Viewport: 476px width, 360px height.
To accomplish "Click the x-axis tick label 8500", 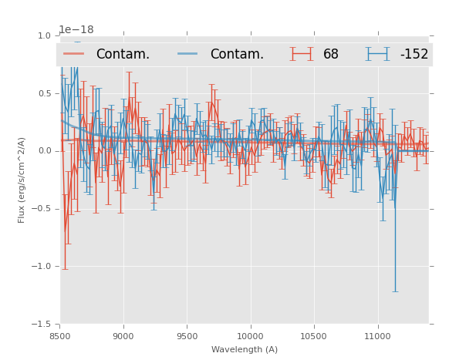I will tap(60, 336).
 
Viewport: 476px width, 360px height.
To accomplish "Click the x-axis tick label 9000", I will tap(123, 336).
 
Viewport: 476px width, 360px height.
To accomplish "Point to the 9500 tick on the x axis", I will tap(187, 336).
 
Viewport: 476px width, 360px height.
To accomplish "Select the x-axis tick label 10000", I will tap(250, 336).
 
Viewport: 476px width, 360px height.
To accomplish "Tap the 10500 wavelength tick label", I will tap(314, 336).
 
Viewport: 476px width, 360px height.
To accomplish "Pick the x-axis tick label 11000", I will tap(377, 336).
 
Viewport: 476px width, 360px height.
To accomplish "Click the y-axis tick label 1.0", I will tap(44, 35).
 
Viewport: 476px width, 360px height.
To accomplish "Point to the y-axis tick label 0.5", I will tap(44, 93).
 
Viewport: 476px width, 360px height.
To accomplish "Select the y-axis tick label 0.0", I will tap(44, 151).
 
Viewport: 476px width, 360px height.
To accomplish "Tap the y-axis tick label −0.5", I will tap(42, 209).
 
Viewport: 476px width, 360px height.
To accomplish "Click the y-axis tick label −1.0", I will tap(42, 267).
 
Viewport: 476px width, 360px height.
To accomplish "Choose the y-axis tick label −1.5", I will tap(42, 325).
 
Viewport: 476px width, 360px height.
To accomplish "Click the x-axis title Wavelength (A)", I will tap(245, 349).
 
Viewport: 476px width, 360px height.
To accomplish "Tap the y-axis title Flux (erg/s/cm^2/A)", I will tap(22, 180).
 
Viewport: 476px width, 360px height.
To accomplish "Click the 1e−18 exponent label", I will tap(76, 30).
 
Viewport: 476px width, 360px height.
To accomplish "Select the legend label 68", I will tap(331, 54).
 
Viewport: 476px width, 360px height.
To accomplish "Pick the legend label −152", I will tap(414, 54).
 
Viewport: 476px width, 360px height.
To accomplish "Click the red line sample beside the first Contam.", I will tap(74, 54).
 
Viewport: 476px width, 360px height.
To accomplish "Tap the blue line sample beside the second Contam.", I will tap(188, 54).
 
